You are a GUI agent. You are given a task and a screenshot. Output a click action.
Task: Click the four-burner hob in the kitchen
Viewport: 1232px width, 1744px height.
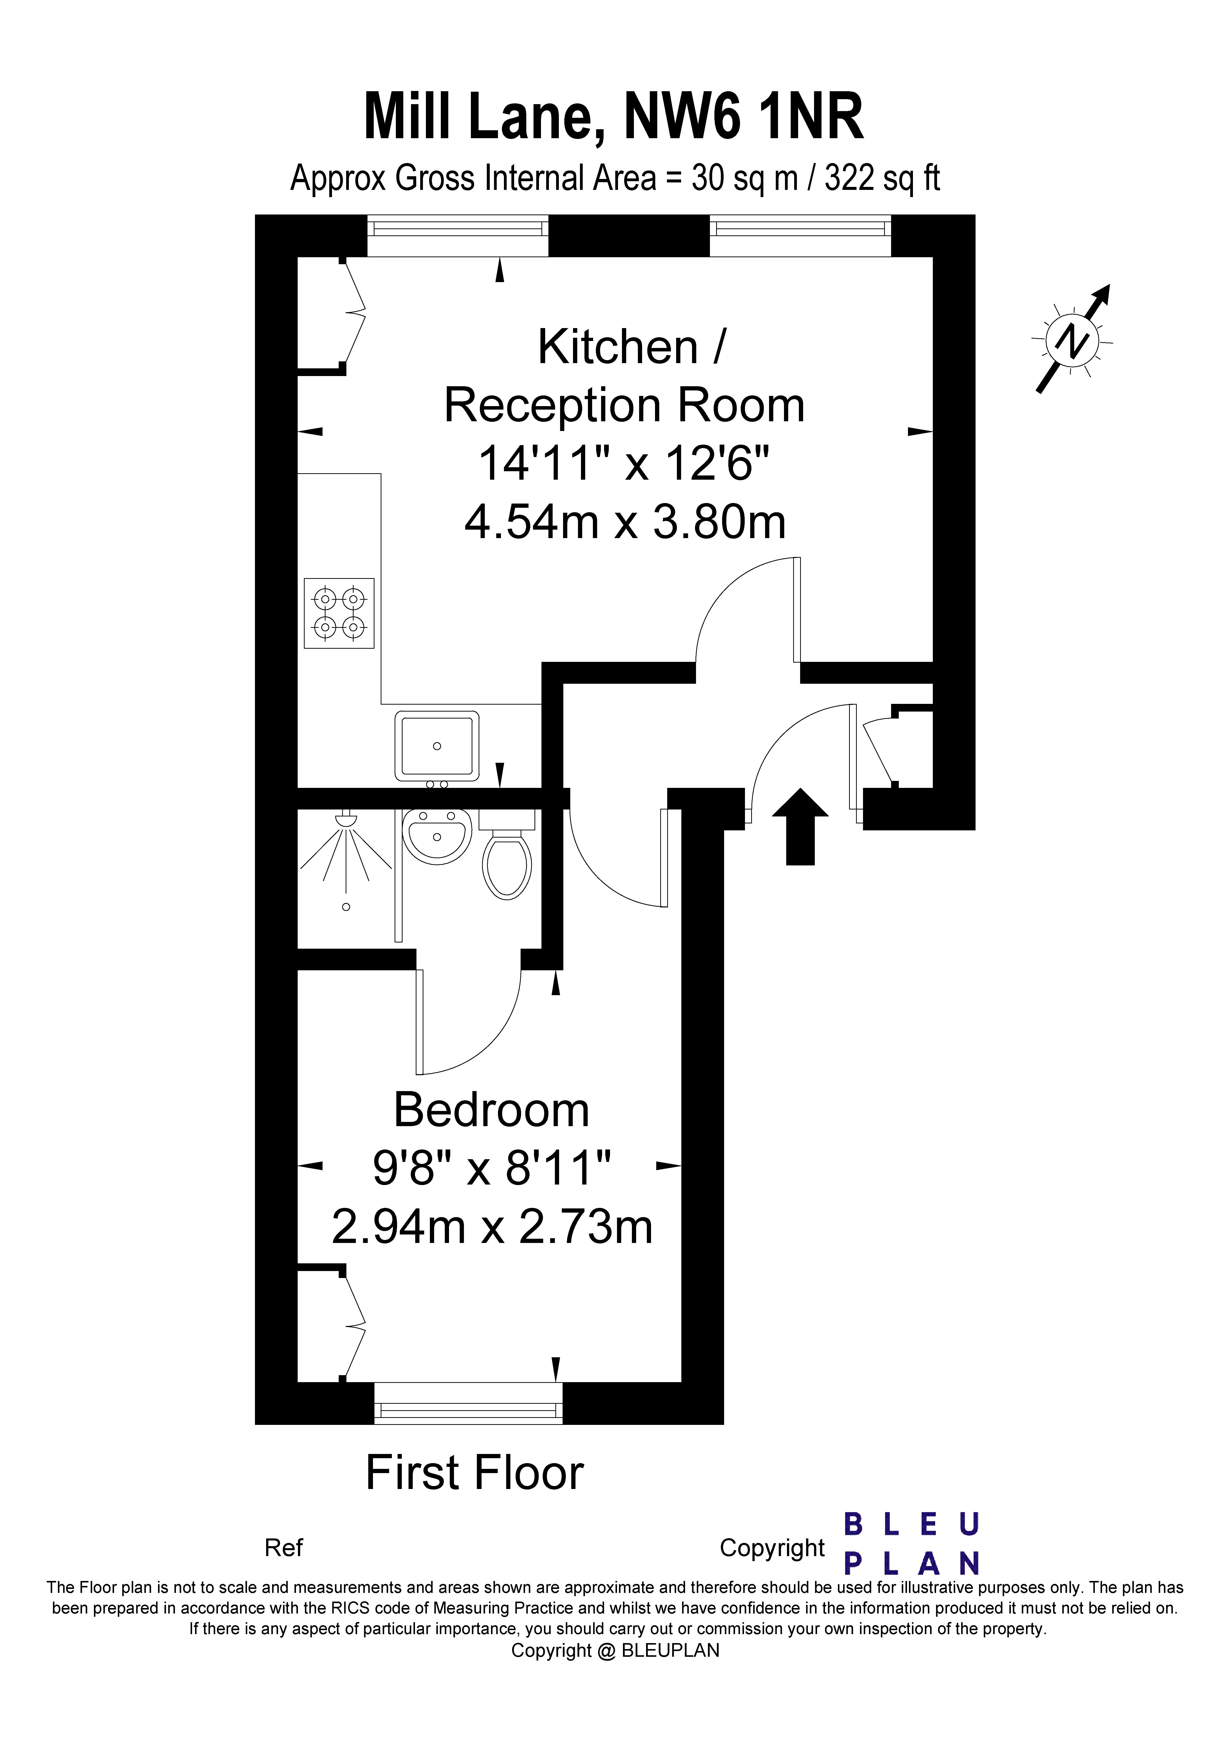(x=339, y=613)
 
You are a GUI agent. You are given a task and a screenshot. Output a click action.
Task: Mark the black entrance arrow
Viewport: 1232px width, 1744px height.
(x=800, y=826)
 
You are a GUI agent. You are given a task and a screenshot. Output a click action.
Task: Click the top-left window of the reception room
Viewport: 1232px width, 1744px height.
(x=458, y=236)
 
